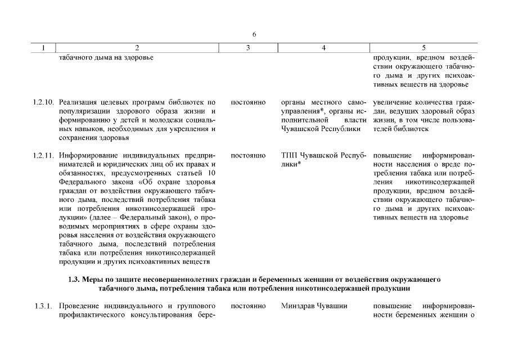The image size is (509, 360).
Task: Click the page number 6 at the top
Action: (254, 34)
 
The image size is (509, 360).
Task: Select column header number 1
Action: (43, 48)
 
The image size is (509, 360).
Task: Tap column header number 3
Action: (248, 48)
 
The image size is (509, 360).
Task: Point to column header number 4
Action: (323, 48)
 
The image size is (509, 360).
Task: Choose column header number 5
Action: (424, 48)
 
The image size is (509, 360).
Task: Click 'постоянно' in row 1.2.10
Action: (248, 102)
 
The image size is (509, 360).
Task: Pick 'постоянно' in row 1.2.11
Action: (248, 155)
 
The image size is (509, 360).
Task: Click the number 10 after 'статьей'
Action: (211, 173)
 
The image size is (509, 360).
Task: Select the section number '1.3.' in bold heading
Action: (74, 279)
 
